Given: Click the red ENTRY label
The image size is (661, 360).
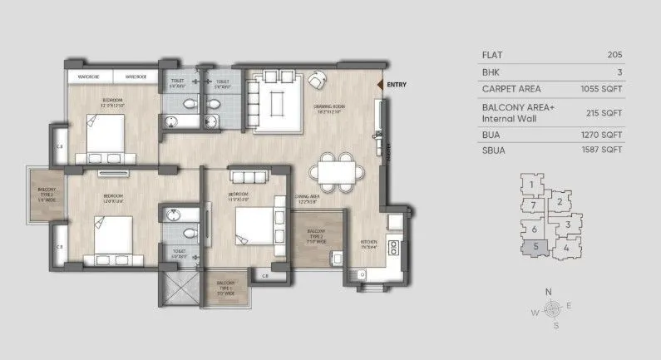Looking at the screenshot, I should [397, 84].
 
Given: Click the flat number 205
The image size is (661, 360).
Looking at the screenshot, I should [615, 55].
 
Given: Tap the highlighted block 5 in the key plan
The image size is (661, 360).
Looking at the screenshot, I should [536, 245].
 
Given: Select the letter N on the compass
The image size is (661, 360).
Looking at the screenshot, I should [548, 291].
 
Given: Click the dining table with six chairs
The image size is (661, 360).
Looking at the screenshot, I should [338, 170].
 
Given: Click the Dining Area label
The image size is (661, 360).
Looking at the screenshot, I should [307, 198].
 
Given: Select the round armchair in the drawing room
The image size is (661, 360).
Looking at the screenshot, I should [317, 80].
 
